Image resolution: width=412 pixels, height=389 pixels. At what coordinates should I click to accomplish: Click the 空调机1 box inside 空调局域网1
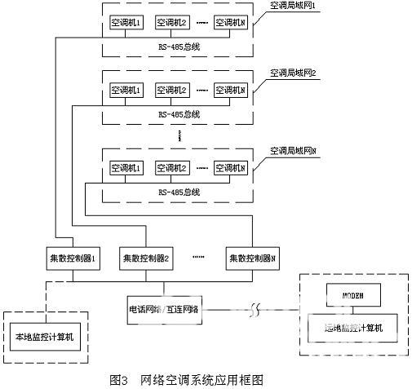pos(126,23)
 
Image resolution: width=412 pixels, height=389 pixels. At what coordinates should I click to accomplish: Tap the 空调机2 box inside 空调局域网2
pos(172,89)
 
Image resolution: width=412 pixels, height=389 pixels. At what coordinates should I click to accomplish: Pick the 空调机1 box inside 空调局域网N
pos(126,168)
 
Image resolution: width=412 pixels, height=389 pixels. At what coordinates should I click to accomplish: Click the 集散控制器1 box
pos(73,259)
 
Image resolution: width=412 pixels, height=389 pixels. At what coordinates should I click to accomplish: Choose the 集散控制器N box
pos(253,259)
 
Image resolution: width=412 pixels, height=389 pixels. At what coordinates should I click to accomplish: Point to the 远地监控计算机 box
pos(354,328)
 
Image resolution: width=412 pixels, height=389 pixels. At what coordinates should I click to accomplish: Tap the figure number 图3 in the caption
pos(119,379)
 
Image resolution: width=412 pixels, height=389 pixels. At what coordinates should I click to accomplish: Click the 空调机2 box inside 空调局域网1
pos(172,23)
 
